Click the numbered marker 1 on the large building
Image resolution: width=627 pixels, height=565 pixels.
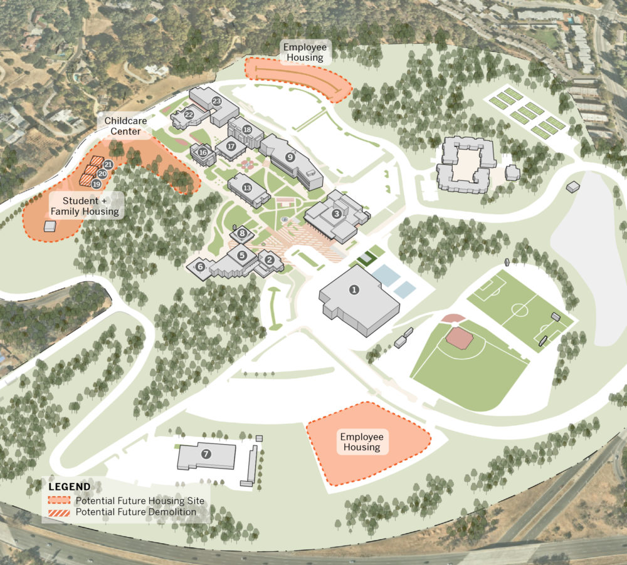[354, 289]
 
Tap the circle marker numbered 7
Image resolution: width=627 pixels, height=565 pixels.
[205, 453]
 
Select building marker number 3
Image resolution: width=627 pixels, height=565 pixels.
[337, 214]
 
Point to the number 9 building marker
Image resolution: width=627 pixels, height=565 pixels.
[290, 157]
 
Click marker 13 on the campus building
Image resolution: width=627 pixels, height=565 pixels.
[247, 187]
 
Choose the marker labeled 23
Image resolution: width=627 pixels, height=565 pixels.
[217, 100]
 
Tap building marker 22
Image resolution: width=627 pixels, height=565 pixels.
[189, 115]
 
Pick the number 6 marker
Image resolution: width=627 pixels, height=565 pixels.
[200, 266]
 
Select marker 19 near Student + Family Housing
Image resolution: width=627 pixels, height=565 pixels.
[96, 184]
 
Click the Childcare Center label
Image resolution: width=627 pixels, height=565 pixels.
[122, 125]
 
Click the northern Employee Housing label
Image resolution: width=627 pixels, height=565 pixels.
[305, 52]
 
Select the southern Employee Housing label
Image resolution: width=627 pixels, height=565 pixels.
[361, 442]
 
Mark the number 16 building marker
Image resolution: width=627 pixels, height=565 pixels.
[203, 152]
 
